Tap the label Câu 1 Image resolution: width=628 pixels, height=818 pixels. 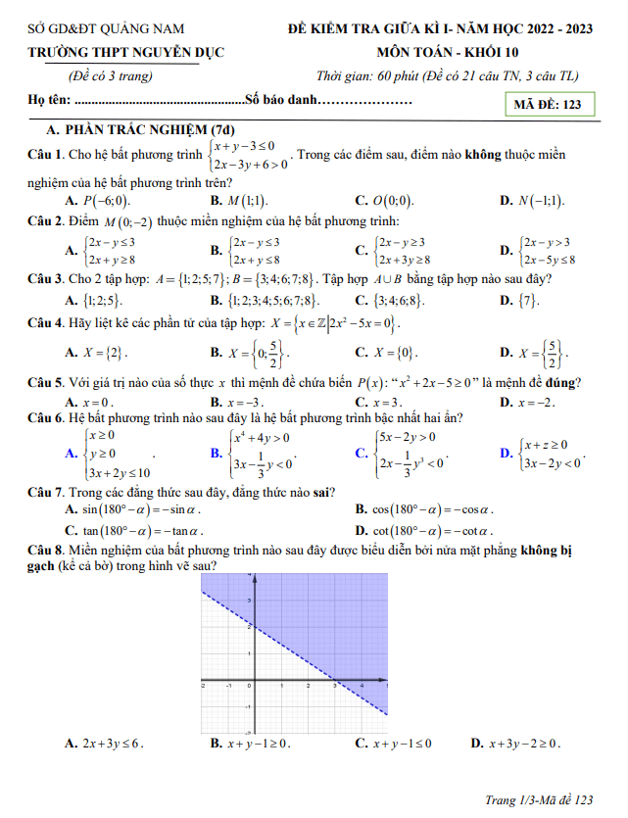pyautogui.click(x=45, y=155)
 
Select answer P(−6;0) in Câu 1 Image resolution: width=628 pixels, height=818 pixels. pyautogui.click(x=98, y=201)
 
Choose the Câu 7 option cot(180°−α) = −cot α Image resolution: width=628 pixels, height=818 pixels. pyautogui.click(x=424, y=531)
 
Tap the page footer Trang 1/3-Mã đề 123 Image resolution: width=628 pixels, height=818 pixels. pyautogui.click(x=539, y=800)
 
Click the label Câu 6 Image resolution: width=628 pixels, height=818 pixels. pyautogui.click(x=45, y=418)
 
